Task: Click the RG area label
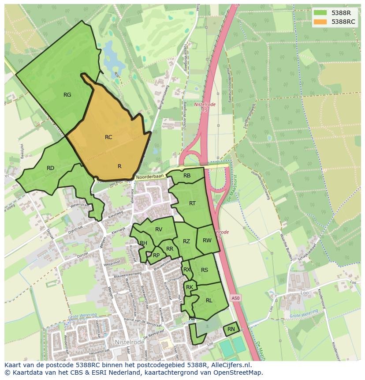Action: point(67,94)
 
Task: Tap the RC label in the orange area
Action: point(108,137)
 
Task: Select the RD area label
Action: point(50,168)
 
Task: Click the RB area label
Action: point(187,176)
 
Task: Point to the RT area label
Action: point(192,203)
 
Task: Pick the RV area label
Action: point(159,229)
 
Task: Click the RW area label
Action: point(207,241)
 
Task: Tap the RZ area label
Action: point(186,241)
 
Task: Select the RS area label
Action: point(205,270)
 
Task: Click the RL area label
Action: point(209,300)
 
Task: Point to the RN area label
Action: point(231,329)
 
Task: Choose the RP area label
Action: point(156,255)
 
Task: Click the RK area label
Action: point(190,287)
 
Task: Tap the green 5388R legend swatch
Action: point(320,12)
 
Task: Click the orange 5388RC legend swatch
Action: point(320,22)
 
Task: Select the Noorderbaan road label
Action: point(150,176)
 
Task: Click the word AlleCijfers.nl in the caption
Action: point(230,365)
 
